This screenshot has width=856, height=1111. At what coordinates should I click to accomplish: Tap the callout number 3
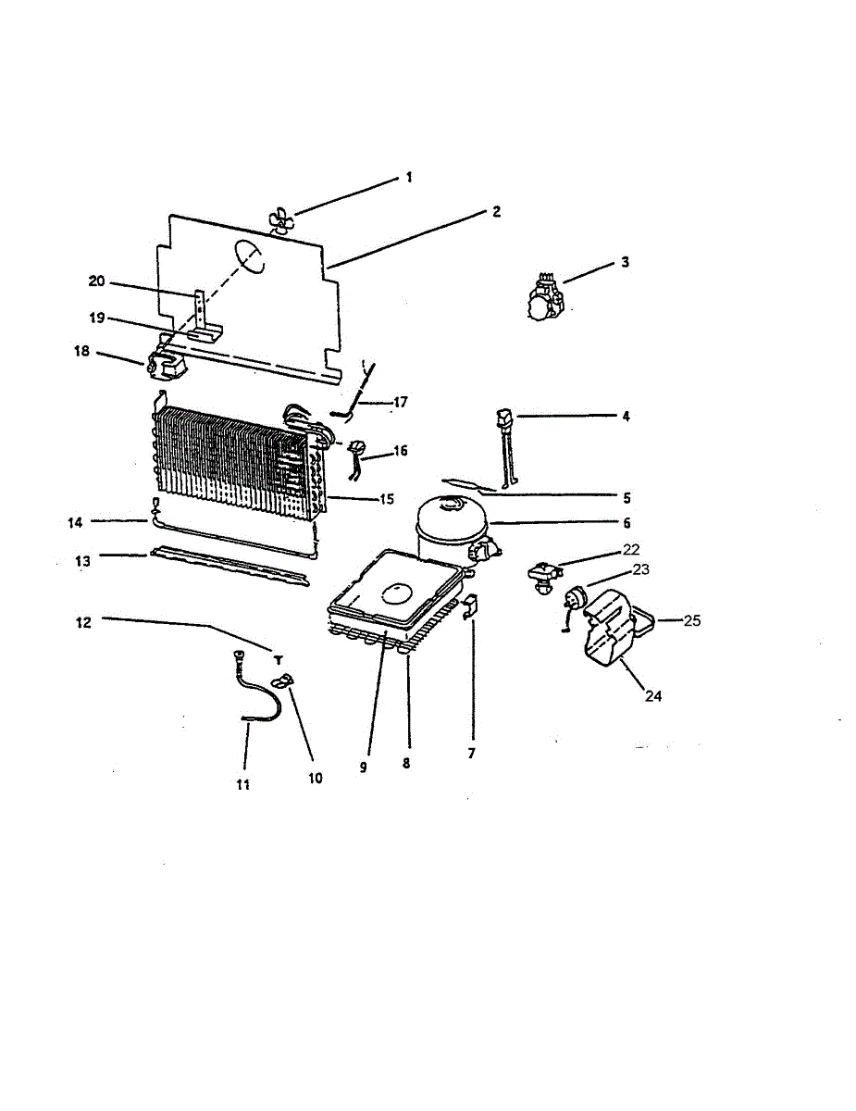tap(625, 262)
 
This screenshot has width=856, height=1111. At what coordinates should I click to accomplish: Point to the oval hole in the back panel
tap(249, 256)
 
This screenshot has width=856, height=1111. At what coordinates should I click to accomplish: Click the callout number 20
tap(98, 281)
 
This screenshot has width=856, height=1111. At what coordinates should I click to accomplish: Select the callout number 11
tap(243, 783)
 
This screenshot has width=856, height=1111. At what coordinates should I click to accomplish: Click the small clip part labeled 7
tap(468, 606)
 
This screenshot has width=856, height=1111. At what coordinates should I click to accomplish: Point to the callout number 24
tap(653, 696)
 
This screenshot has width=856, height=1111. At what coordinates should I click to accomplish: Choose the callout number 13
tap(83, 560)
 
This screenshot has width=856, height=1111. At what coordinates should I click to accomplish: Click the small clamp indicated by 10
tap(283, 682)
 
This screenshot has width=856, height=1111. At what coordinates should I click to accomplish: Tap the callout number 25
tap(692, 620)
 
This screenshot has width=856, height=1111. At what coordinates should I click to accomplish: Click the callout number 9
tap(363, 768)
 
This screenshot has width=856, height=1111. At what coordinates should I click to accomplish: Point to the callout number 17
tap(400, 402)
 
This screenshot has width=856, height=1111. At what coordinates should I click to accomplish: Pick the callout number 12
tap(83, 622)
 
